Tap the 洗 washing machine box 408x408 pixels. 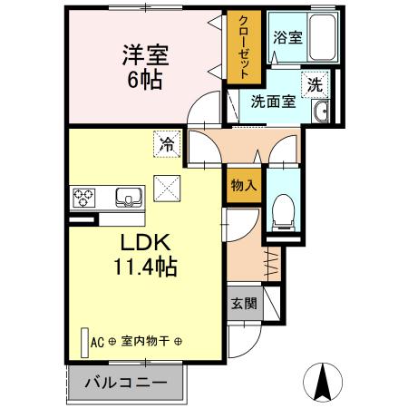315,85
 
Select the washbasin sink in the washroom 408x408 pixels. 321,112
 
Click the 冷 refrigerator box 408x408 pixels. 168,142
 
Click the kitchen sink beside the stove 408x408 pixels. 125,197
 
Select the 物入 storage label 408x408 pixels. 242,185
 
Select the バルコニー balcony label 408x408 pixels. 126,382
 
